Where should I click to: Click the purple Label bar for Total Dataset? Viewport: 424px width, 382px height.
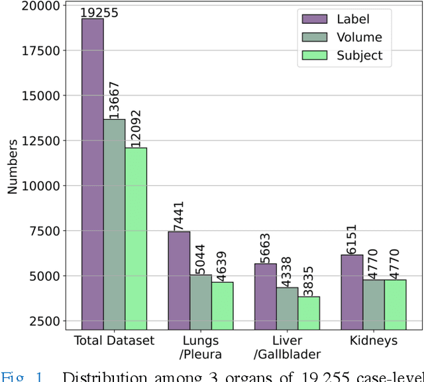pos(92,172)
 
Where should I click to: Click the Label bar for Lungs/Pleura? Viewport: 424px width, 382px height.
pos(179,279)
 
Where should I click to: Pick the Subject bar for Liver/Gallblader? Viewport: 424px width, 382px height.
pos(309,311)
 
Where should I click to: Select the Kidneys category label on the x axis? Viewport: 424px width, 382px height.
pos(374,340)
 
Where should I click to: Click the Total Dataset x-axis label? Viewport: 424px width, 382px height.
pos(114,340)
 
